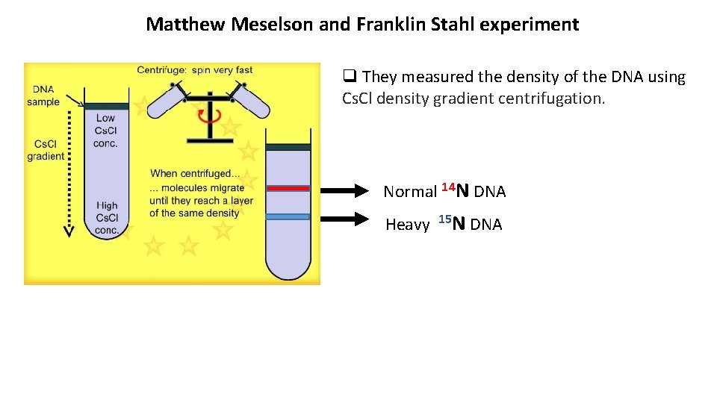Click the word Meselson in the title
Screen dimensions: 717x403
(273, 25)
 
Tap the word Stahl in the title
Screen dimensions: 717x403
(452, 25)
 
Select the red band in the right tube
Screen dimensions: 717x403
(288, 189)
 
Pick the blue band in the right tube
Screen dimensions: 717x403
(288, 216)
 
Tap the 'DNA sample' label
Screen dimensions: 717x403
(43, 96)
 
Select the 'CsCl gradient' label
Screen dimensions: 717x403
(46, 150)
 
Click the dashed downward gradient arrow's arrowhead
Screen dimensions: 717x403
(68, 231)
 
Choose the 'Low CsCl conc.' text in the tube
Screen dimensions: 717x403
(105, 130)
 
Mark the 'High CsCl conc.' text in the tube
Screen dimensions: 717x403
(107, 218)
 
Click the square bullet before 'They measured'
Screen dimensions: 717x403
(348, 76)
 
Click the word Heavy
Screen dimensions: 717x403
(407, 225)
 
